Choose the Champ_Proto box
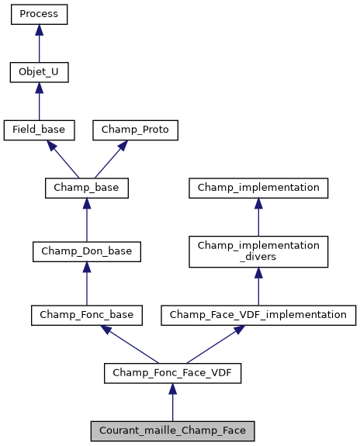136,130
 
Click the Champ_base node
86,188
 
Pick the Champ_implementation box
258,188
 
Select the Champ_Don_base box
86,251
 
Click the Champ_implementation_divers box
258,251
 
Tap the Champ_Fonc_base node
86,315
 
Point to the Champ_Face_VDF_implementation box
258,315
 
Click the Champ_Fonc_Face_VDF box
172,373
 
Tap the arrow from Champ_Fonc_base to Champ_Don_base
86,283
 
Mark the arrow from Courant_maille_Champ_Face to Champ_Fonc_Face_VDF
172,402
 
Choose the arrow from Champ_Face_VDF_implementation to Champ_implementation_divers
258,286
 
